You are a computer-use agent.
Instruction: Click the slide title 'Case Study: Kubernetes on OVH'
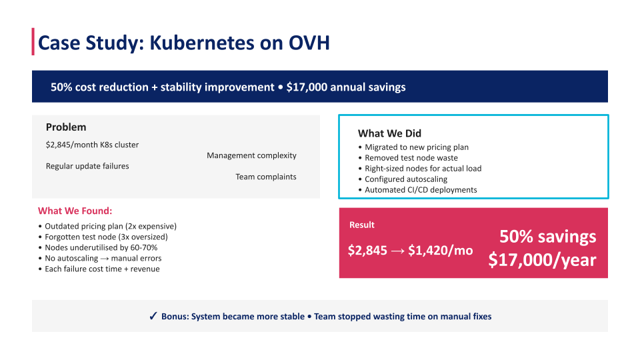[x=183, y=43]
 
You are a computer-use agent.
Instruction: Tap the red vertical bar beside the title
[x=33, y=42]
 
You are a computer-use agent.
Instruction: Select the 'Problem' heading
[x=66, y=127]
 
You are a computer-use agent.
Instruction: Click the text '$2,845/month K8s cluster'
[x=92, y=145]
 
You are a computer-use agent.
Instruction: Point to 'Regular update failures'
[x=87, y=166]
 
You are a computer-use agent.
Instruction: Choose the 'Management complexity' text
[x=251, y=155]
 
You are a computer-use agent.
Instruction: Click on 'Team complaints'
[x=265, y=177]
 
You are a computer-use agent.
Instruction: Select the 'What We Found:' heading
[x=75, y=211]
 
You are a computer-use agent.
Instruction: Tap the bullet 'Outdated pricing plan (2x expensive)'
[x=110, y=226]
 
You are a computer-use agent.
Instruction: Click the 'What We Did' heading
[x=389, y=133]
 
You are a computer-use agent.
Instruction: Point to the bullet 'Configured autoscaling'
[x=406, y=179]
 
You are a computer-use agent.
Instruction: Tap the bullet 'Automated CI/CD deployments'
[x=421, y=190]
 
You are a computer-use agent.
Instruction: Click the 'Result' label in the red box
[x=362, y=225]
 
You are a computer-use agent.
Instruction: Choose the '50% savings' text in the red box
[x=548, y=237]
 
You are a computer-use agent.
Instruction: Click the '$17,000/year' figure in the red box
[x=542, y=259]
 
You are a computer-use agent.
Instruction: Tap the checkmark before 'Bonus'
[x=153, y=316]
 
